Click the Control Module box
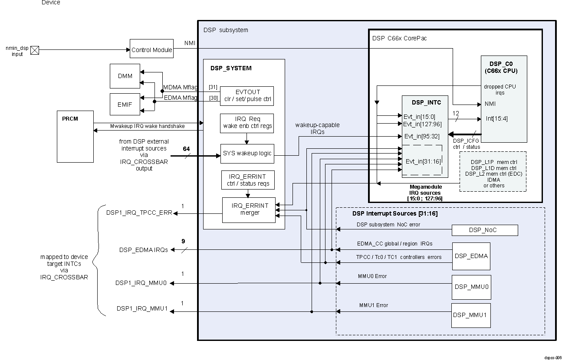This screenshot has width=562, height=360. [x=151, y=50]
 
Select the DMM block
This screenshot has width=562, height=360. [x=125, y=76]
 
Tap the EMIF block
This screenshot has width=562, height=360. [x=125, y=105]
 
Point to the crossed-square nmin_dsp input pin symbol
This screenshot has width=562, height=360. [x=35, y=50]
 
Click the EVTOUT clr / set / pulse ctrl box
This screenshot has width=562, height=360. [x=247, y=96]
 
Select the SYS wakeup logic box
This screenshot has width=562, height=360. [x=247, y=154]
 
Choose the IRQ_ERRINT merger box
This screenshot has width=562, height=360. [x=249, y=210]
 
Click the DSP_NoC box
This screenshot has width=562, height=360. [x=485, y=230]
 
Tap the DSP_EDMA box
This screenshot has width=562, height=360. [x=471, y=256]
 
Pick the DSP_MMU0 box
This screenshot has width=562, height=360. [x=471, y=287]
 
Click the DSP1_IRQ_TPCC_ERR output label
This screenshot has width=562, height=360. [x=139, y=213]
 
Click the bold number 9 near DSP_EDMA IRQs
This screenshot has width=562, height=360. [x=184, y=241]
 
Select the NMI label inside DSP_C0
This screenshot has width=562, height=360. [x=490, y=104]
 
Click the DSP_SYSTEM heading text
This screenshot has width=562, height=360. [x=231, y=68]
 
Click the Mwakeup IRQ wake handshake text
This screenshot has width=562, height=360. [x=148, y=126]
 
